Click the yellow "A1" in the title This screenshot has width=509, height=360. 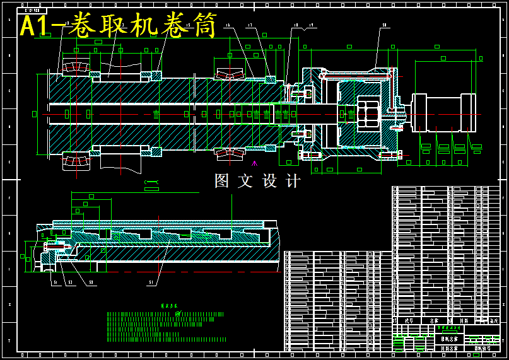(x=36, y=27)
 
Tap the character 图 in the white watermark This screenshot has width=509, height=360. (x=222, y=181)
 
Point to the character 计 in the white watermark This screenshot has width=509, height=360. (x=293, y=181)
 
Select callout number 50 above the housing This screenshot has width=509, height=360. (x=383, y=25)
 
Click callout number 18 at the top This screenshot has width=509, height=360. (x=295, y=26)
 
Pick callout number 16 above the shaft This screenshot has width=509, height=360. (x=228, y=26)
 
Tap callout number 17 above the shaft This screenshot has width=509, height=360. (x=250, y=26)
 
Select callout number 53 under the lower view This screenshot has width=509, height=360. (x=70, y=282)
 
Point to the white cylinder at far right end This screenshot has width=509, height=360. (x=442, y=113)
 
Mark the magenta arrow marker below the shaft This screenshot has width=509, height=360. (x=254, y=163)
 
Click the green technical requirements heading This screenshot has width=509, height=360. (x=169, y=306)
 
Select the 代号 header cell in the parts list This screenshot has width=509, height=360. (x=409, y=320)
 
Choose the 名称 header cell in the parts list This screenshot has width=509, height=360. (x=434, y=320)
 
